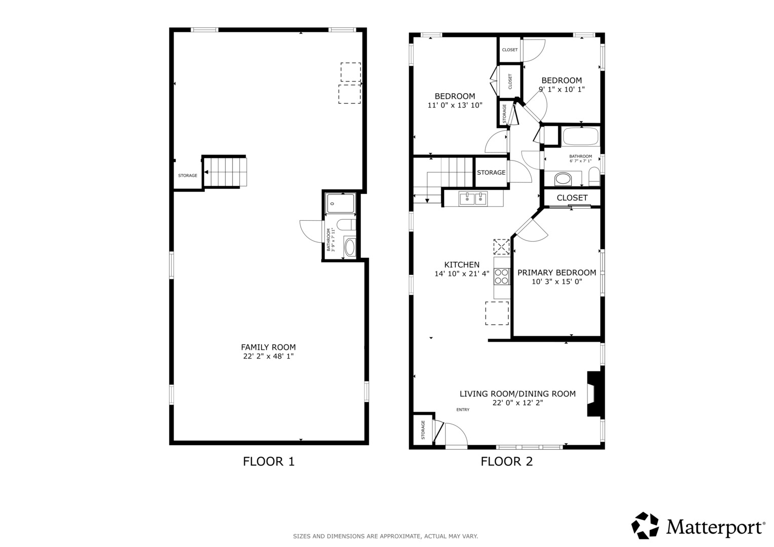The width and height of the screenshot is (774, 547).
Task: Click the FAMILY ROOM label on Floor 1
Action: [268, 347]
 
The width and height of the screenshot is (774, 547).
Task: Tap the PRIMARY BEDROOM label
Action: [557, 272]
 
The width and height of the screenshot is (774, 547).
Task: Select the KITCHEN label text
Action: [462, 264]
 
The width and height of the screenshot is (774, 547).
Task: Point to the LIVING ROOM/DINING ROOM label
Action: [518, 394]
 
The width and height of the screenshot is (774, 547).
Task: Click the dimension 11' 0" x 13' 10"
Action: [455, 105]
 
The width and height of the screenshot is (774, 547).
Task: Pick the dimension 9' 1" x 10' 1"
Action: [562, 89]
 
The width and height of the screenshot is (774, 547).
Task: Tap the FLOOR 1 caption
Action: [269, 461]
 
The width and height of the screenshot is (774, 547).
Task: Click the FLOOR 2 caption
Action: [506, 461]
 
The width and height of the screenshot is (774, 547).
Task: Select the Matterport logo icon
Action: [645, 525]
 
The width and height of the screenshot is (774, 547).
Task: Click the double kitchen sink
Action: [473, 199]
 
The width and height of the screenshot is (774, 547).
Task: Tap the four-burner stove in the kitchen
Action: [502, 276]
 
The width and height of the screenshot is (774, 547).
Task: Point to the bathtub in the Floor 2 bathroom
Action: [580, 136]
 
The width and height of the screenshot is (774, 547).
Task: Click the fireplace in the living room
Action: [596, 394]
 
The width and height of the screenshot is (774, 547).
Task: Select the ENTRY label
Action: [463, 410]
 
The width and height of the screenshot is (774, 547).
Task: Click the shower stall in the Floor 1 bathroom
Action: [341, 204]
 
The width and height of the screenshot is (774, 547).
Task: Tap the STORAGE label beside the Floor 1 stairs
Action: [188, 175]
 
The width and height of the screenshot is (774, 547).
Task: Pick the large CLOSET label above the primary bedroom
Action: [572, 198]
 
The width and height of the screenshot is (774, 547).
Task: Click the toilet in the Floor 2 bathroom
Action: [594, 176]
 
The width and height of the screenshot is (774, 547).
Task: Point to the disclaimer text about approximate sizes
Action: [386, 536]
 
